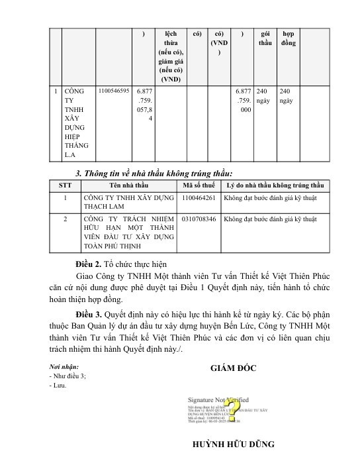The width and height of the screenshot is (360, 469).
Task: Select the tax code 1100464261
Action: click(199, 197)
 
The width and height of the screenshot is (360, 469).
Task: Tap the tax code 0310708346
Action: click(199, 218)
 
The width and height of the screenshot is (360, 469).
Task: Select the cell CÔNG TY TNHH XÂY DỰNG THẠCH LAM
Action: click(127, 202)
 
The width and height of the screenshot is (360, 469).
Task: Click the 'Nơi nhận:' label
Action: click(64, 366)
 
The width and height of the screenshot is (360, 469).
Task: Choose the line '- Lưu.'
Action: click(58, 384)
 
